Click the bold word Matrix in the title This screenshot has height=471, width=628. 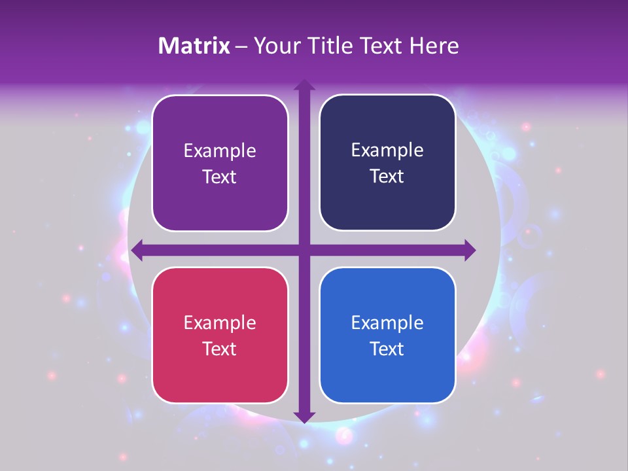194,46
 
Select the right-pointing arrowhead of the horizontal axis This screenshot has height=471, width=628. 468,249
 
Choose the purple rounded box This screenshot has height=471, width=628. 220,124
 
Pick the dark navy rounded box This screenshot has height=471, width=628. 387,124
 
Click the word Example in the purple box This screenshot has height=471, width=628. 220,150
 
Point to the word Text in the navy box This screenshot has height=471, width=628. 387,177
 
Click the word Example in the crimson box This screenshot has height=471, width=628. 220,323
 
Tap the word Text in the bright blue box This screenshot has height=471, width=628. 387,349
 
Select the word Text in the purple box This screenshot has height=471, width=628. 220,177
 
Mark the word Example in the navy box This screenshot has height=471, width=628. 387,150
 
